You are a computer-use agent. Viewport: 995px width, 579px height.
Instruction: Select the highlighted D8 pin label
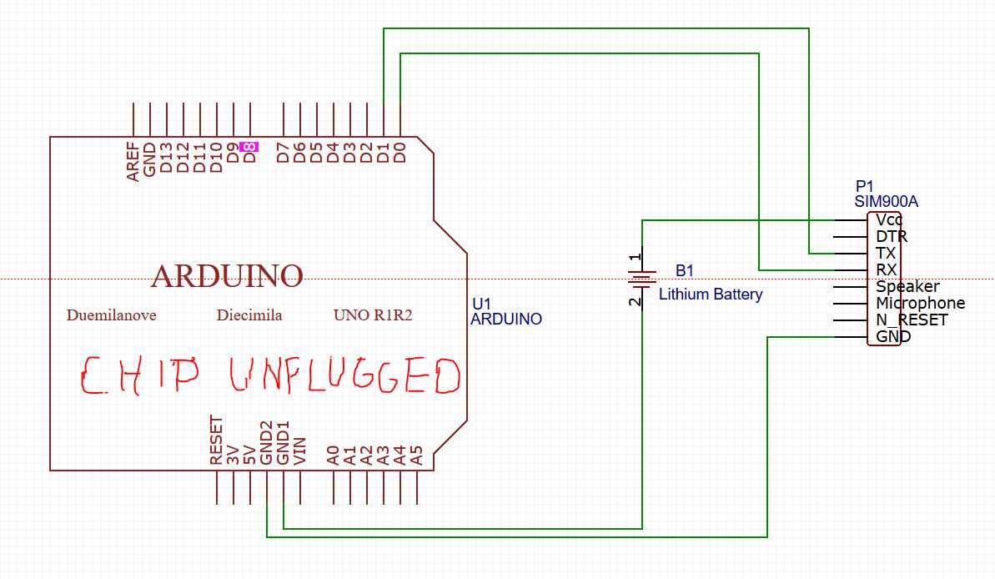pyautogui.click(x=249, y=147)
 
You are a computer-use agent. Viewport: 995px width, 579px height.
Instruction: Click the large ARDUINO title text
pyautogui.click(x=227, y=275)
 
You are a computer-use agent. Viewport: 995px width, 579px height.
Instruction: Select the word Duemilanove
pyautogui.click(x=111, y=315)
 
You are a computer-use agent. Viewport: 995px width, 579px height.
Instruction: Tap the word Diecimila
pyautogui.click(x=249, y=315)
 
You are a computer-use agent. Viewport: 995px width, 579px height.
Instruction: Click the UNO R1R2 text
pyautogui.click(x=373, y=315)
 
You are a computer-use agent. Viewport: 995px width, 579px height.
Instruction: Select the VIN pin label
pyautogui.click(x=300, y=450)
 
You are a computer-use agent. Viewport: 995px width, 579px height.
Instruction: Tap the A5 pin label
pyautogui.click(x=417, y=455)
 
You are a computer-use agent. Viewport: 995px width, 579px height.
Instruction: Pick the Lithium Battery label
pyautogui.click(x=711, y=295)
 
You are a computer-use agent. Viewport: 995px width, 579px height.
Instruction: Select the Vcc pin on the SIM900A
pyautogui.click(x=889, y=220)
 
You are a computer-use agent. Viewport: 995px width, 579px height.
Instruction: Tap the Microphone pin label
pyautogui.click(x=920, y=304)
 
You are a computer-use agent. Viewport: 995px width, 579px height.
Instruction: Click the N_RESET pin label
pyautogui.click(x=912, y=320)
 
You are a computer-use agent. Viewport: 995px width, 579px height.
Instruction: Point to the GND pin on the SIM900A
pyautogui.click(x=892, y=337)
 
